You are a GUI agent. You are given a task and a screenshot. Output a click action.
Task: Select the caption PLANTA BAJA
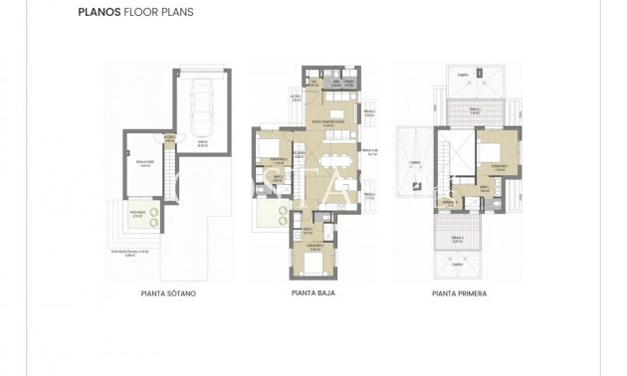pos(313,294)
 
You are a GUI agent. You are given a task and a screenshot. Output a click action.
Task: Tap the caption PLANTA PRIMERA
pos(460,294)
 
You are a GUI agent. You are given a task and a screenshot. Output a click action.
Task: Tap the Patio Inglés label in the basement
pos(136,213)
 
